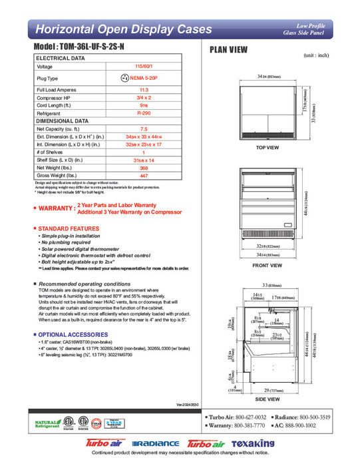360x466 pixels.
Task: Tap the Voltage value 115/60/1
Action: click(x=144, y=67)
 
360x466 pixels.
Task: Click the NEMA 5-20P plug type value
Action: click(x=148, y=78)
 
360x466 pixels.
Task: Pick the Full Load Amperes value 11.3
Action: click(x=144, y=89)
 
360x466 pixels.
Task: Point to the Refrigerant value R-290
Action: click(x=144, y=114)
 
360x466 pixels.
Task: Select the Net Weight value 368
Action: click(x=144, y=168)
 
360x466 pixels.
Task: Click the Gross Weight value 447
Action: click(x=144, y=176)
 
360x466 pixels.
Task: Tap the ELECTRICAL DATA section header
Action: click(x=61, y=59)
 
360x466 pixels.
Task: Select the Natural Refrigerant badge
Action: click(x=47, y=424)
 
